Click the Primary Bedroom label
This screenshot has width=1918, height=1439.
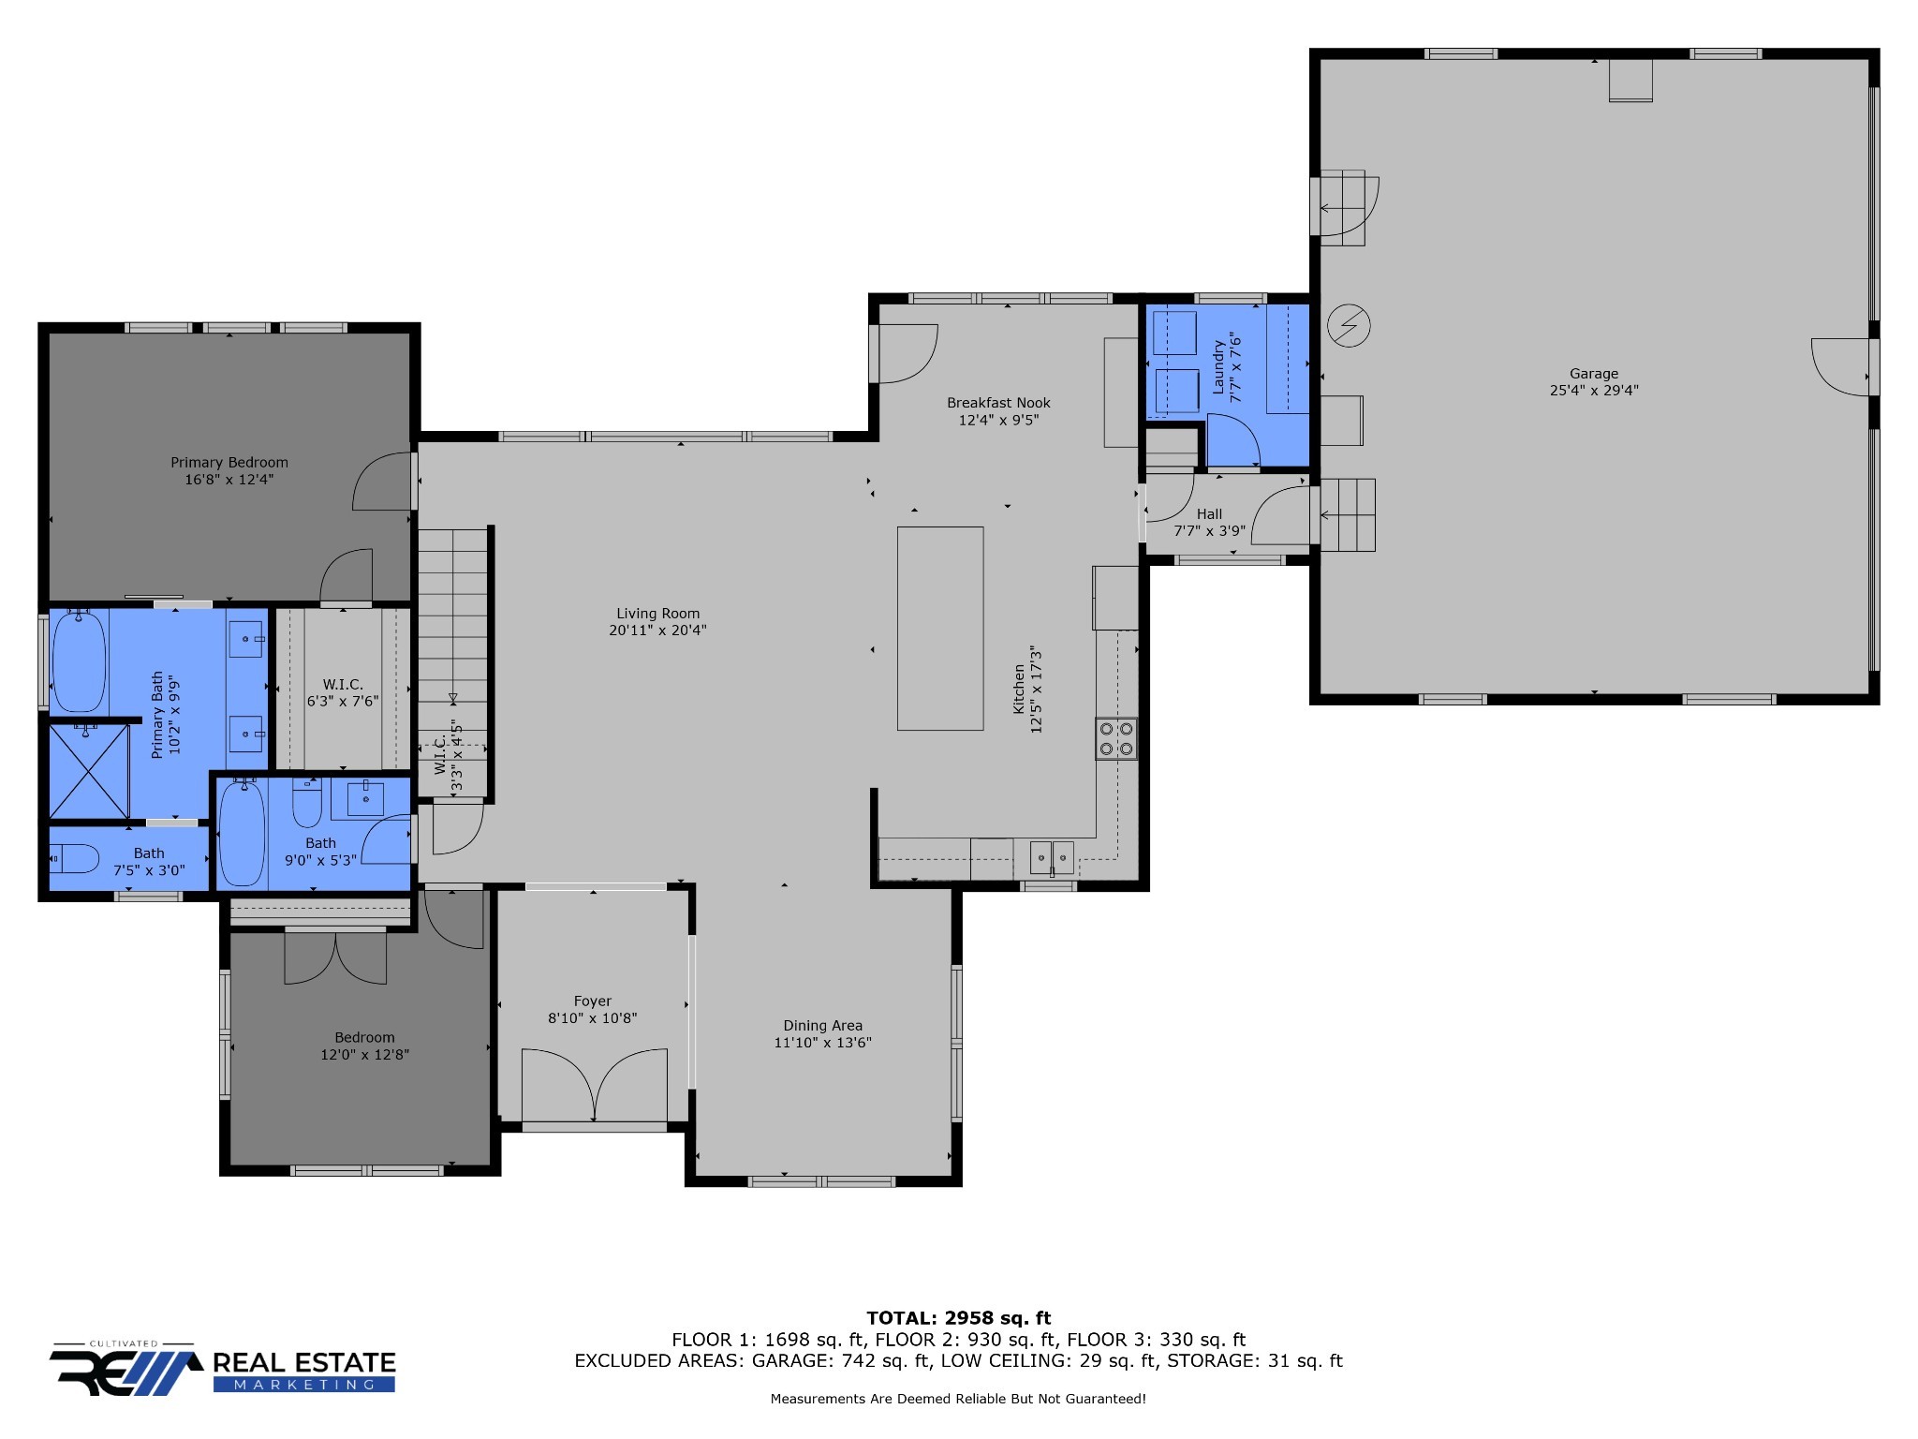click(229, 462)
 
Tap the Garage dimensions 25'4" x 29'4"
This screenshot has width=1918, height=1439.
click(1594, 391)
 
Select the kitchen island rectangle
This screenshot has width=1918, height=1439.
click(940, 628)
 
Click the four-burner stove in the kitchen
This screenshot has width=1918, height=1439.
click(1116, 738)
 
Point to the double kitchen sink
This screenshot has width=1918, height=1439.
click(1052, 855)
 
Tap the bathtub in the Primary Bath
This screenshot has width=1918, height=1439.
click(79, 661)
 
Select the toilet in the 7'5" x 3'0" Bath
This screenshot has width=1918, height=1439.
click(75, 857)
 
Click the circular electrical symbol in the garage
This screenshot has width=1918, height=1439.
click(1350, 326)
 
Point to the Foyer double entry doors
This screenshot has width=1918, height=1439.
click(594, 1085)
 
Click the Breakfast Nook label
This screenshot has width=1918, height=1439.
click(998, 403)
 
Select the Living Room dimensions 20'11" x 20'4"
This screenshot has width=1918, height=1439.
click(657, 630)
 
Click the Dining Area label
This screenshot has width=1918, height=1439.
click(822, 1026)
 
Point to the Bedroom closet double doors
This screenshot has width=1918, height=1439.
click(335, 957)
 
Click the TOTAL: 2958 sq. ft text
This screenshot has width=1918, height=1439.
click(958, 1318)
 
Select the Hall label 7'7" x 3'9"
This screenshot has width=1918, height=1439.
click(1209, 523)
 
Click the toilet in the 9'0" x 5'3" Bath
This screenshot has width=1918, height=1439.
click(307, 804)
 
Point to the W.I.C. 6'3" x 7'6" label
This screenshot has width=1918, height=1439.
click(343, 692)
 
